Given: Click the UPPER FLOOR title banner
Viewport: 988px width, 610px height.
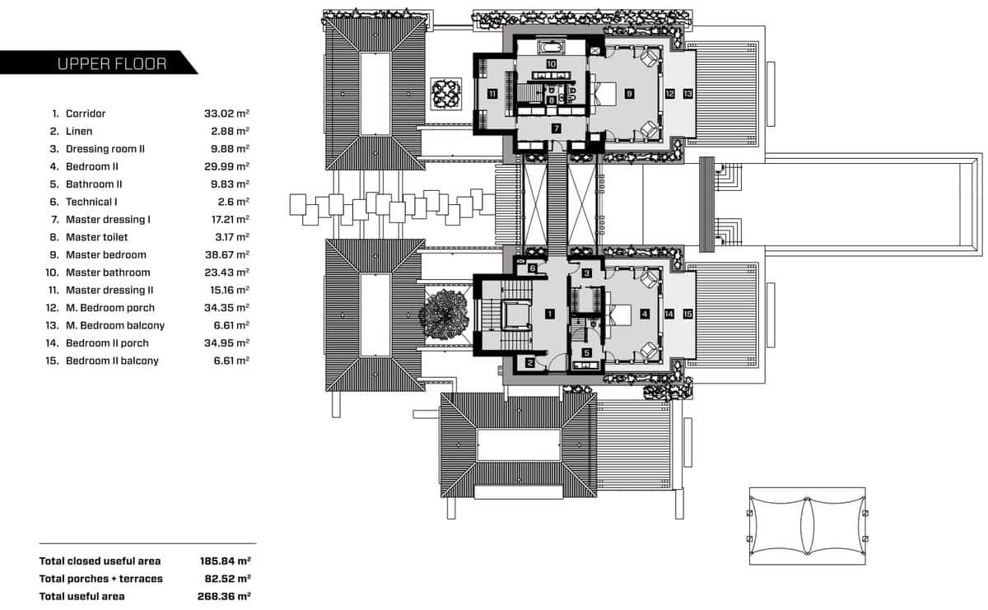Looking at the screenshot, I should tap(111, 63).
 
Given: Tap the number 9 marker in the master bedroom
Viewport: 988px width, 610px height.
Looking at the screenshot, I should tap(629, 94).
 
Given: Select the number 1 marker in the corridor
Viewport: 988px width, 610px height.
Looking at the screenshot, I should tap(550, 313).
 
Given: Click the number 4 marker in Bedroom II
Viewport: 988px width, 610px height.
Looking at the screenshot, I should tap(645, 313).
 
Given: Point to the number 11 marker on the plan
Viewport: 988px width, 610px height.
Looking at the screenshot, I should tap(491, 94).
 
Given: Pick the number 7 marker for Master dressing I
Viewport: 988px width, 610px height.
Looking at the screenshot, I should tap(557, 128).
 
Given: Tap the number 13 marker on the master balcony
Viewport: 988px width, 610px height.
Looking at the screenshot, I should tap(687, 94).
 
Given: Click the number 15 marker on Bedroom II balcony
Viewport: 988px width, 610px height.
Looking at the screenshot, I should tap(687, 314).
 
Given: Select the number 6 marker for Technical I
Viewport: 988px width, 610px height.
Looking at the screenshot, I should tap(533, 268).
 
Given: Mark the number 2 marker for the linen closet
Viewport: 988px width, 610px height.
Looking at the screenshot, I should tap(531, 362).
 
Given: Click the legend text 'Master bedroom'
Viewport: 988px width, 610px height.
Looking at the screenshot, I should tap(105, 255).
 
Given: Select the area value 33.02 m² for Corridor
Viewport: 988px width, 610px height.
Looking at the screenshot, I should tap(226, 114).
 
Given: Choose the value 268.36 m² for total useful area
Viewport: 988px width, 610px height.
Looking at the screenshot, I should tap(225, 596).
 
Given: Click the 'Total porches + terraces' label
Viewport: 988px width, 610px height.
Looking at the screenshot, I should tap(101, 579).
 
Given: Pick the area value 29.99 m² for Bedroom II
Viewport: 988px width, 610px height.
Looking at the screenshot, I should tap(226, 167).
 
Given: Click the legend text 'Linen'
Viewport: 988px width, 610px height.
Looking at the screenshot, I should tap(79, 132).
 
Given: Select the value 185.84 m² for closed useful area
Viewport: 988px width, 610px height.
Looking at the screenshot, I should tap(225, 561).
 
